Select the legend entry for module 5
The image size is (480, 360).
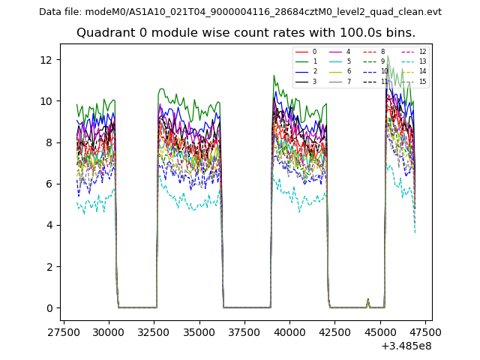click(348, 61)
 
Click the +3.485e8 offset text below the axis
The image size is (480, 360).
click(406, 346)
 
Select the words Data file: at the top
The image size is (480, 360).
click(61, 12)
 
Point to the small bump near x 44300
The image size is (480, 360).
click(367, 301)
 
